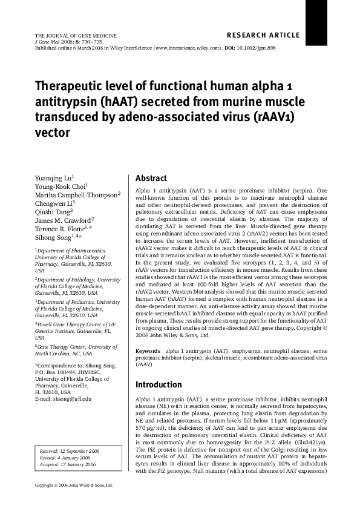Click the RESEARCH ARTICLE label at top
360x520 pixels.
point(263,35)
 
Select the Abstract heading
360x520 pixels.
point(151,179)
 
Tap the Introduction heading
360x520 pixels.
point(158,384)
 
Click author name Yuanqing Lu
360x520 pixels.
point(54,178)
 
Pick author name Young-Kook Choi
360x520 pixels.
point(61,186)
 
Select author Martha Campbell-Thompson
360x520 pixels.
point(77,195)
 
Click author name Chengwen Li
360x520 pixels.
point(55,203)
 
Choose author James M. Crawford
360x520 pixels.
point(64,220)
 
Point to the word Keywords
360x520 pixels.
point(148,351)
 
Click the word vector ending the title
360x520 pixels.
point(53,132)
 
